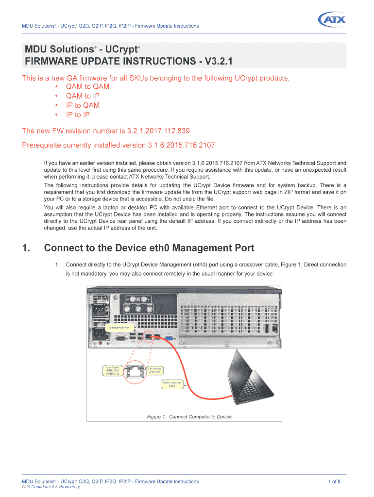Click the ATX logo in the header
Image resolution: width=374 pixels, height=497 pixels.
click(332, 20)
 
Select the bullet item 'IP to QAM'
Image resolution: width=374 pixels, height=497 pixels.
click(83, 105)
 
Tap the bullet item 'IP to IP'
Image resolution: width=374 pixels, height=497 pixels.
click(78, 115)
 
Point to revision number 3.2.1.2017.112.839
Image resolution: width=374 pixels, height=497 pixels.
click(158, 131)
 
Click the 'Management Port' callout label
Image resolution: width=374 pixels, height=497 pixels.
click(119, 328)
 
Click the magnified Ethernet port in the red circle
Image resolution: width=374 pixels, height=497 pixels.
click(133, 372)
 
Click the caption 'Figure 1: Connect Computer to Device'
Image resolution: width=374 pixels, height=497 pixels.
click(189, 417)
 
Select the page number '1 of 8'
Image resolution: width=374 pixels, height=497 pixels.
click(334, 481)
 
